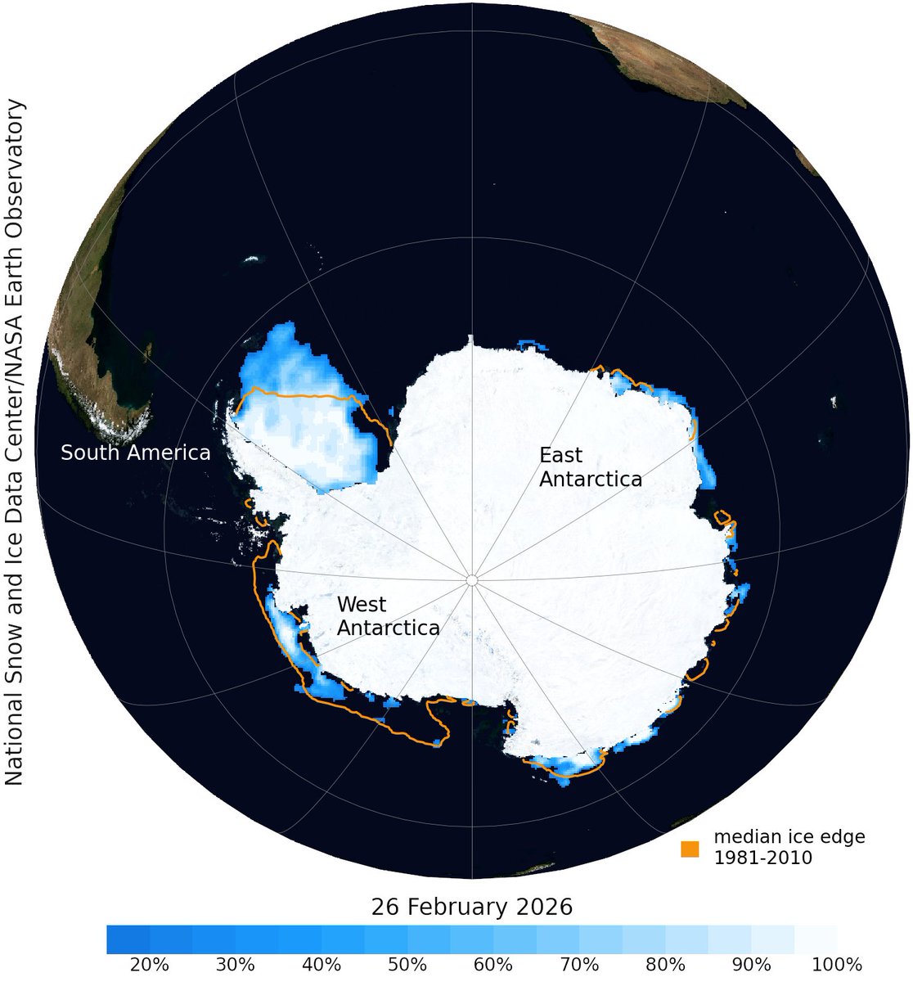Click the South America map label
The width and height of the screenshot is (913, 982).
pyautogui.click(x=136, y=453)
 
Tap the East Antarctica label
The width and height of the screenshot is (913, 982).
pyautogui.click(x=590, y=466)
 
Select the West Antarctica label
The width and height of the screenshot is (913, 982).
pyautogui.click(x=388, y=616)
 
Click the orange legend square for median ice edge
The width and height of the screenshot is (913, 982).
pyautogui.click(x=690, y=849)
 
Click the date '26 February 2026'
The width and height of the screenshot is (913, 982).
pyautogui.click(x=472, y=908)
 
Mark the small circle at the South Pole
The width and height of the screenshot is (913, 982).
pyautogui.click(x=471, y=579)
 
